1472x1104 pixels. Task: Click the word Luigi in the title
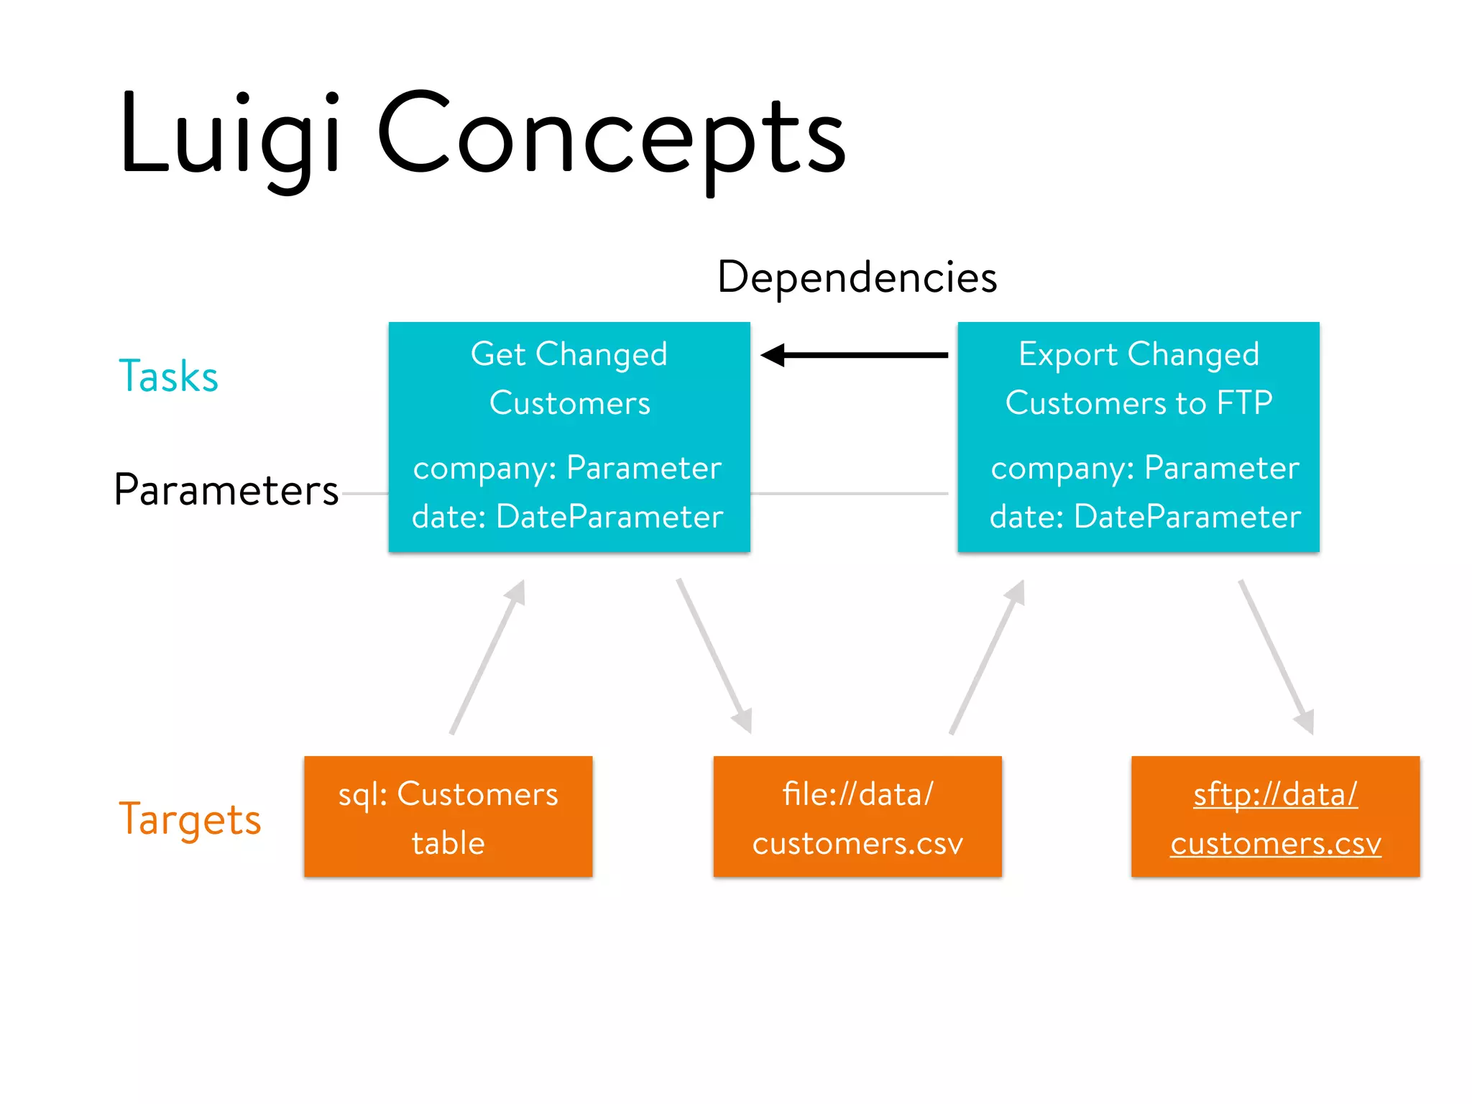pos(229,137)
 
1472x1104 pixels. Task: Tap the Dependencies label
pos(857,277)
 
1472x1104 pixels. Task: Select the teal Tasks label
pos(168,376)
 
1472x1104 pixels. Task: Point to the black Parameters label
pos(226,490)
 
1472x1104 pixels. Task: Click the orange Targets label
pos(190,819)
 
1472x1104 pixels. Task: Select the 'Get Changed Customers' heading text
pos(569,379)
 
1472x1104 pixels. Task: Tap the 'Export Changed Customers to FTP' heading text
pos(1138,379)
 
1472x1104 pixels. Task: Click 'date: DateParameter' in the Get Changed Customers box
pos(567,517)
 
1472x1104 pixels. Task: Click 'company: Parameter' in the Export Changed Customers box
pos(1144,468)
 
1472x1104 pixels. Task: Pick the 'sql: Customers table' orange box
pos(448,816)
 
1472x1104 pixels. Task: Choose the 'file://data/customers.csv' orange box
pos(857,816)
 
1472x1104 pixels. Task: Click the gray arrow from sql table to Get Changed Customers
pos(487,658)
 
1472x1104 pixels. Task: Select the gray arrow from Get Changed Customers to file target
pos(714,655)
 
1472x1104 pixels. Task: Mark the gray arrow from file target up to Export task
pos(987,658)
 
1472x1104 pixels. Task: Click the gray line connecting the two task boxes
pos(850,494)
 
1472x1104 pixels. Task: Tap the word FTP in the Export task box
pos(1244,402)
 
